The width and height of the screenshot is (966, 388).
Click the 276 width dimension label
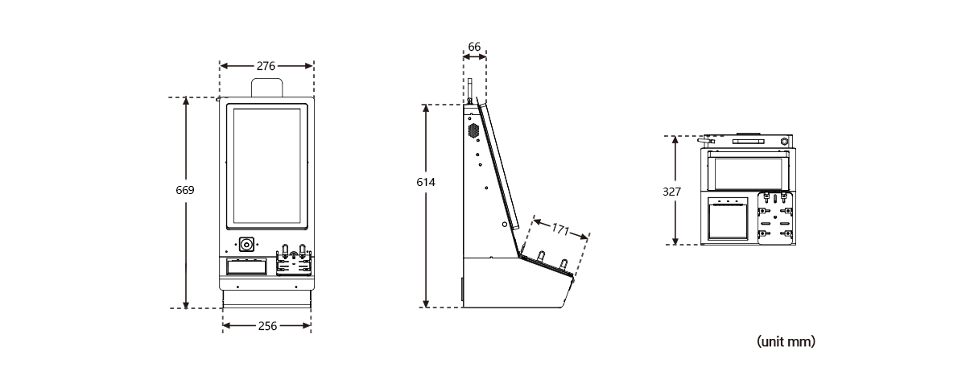[x=266, y=65]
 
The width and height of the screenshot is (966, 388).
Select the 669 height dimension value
[x=185, y=191]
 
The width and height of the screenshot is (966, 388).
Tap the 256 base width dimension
[x=266, y=326]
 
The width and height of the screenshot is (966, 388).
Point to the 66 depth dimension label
[x=474, y=47]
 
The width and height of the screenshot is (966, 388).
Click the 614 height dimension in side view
[x=425, y=183]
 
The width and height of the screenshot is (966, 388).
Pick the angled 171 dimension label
[x=560, y=229]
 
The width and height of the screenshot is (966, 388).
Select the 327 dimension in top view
[x=672, y=192]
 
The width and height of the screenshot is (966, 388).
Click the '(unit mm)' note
[x=786, y=342]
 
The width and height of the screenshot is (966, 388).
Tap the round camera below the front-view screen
[x=247, y=243]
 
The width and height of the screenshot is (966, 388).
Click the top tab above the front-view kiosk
[x=266, y=88]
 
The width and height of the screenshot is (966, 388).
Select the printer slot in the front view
[x=246, y=266]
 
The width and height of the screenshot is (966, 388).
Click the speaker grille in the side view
[x=473, y=129]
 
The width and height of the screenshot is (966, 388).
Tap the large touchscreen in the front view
[x=266, y=165]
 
